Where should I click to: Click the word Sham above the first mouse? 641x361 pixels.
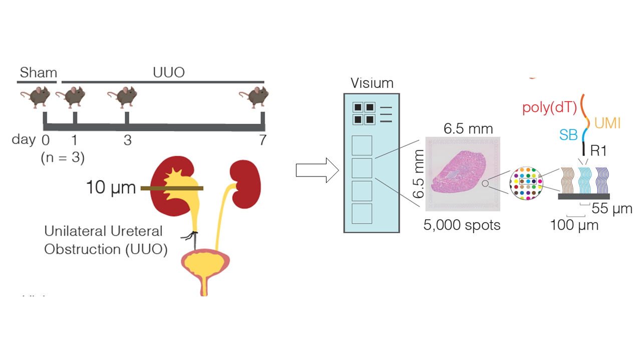pos(39,73)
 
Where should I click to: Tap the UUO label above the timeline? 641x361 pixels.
pos(169,73)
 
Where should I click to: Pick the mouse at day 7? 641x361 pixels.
pos(254,97)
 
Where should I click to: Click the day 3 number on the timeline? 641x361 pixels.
pos(127,140)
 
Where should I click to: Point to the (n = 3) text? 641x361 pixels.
pos(63,158)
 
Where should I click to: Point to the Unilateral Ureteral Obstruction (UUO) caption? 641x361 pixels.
pos(106,240)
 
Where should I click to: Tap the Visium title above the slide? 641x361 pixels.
pos(372,83)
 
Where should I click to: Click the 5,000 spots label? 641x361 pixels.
pos(462,225)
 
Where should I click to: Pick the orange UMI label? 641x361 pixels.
pos(607,123)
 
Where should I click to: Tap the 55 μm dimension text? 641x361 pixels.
pos(611,209)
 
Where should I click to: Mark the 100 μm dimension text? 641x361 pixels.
pos(574,226)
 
